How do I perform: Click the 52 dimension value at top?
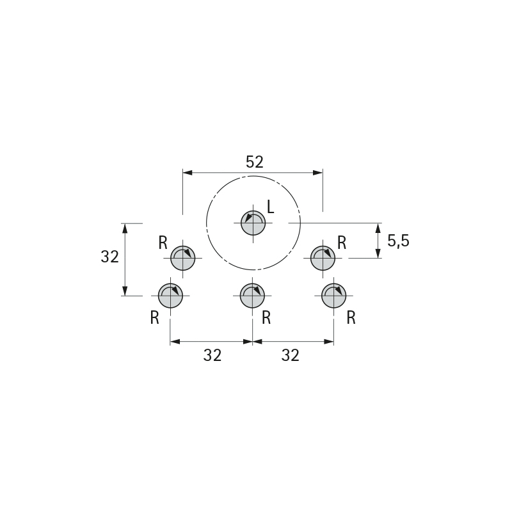point(254,162)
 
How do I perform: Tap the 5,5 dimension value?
point(398,241)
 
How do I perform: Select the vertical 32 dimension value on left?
point(109,257)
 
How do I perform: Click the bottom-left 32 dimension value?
point(212,355)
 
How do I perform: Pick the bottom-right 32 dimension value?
point(291,355)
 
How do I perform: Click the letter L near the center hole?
point(270,207)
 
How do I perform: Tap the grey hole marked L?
point(253,223)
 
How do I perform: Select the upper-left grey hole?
point(183,258)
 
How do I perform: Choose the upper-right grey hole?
point(323,258)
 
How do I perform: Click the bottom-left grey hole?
point(170,296)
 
